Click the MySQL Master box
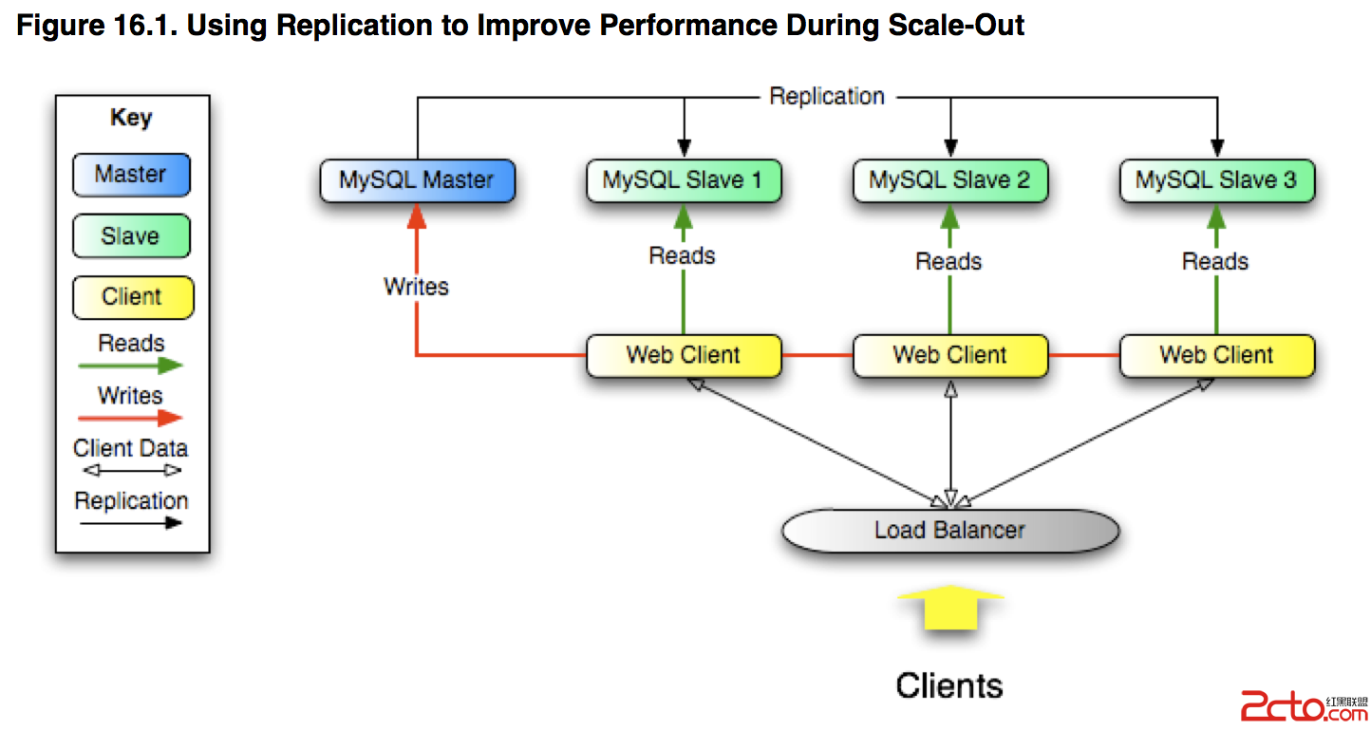(x=418, y=180)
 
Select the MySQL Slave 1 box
(x=684, y=180)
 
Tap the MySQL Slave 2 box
(x=949, y=180)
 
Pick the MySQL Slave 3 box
(x=1217, y=180)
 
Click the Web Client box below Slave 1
(x=684, y=356)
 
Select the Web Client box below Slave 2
(x=949, y=356)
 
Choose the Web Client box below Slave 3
(x=1217, y=356)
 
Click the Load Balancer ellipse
(x=950, y=530)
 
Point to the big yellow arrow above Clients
(x=950, y=608)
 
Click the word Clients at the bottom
(x=949, y=685)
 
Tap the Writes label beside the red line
(x=416, y=287)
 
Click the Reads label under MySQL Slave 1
(x=683, y=255)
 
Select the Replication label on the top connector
(x=827, y=96)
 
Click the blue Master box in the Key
(x=132, y=175)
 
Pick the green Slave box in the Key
(x=132, y=235)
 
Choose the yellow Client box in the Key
(x=133, y=297)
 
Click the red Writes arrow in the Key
(x=130, y=418)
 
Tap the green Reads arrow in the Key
(x=130, y=365)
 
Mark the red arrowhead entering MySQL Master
(x=417, y=216)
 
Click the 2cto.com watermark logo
(x=1305, y=707)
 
